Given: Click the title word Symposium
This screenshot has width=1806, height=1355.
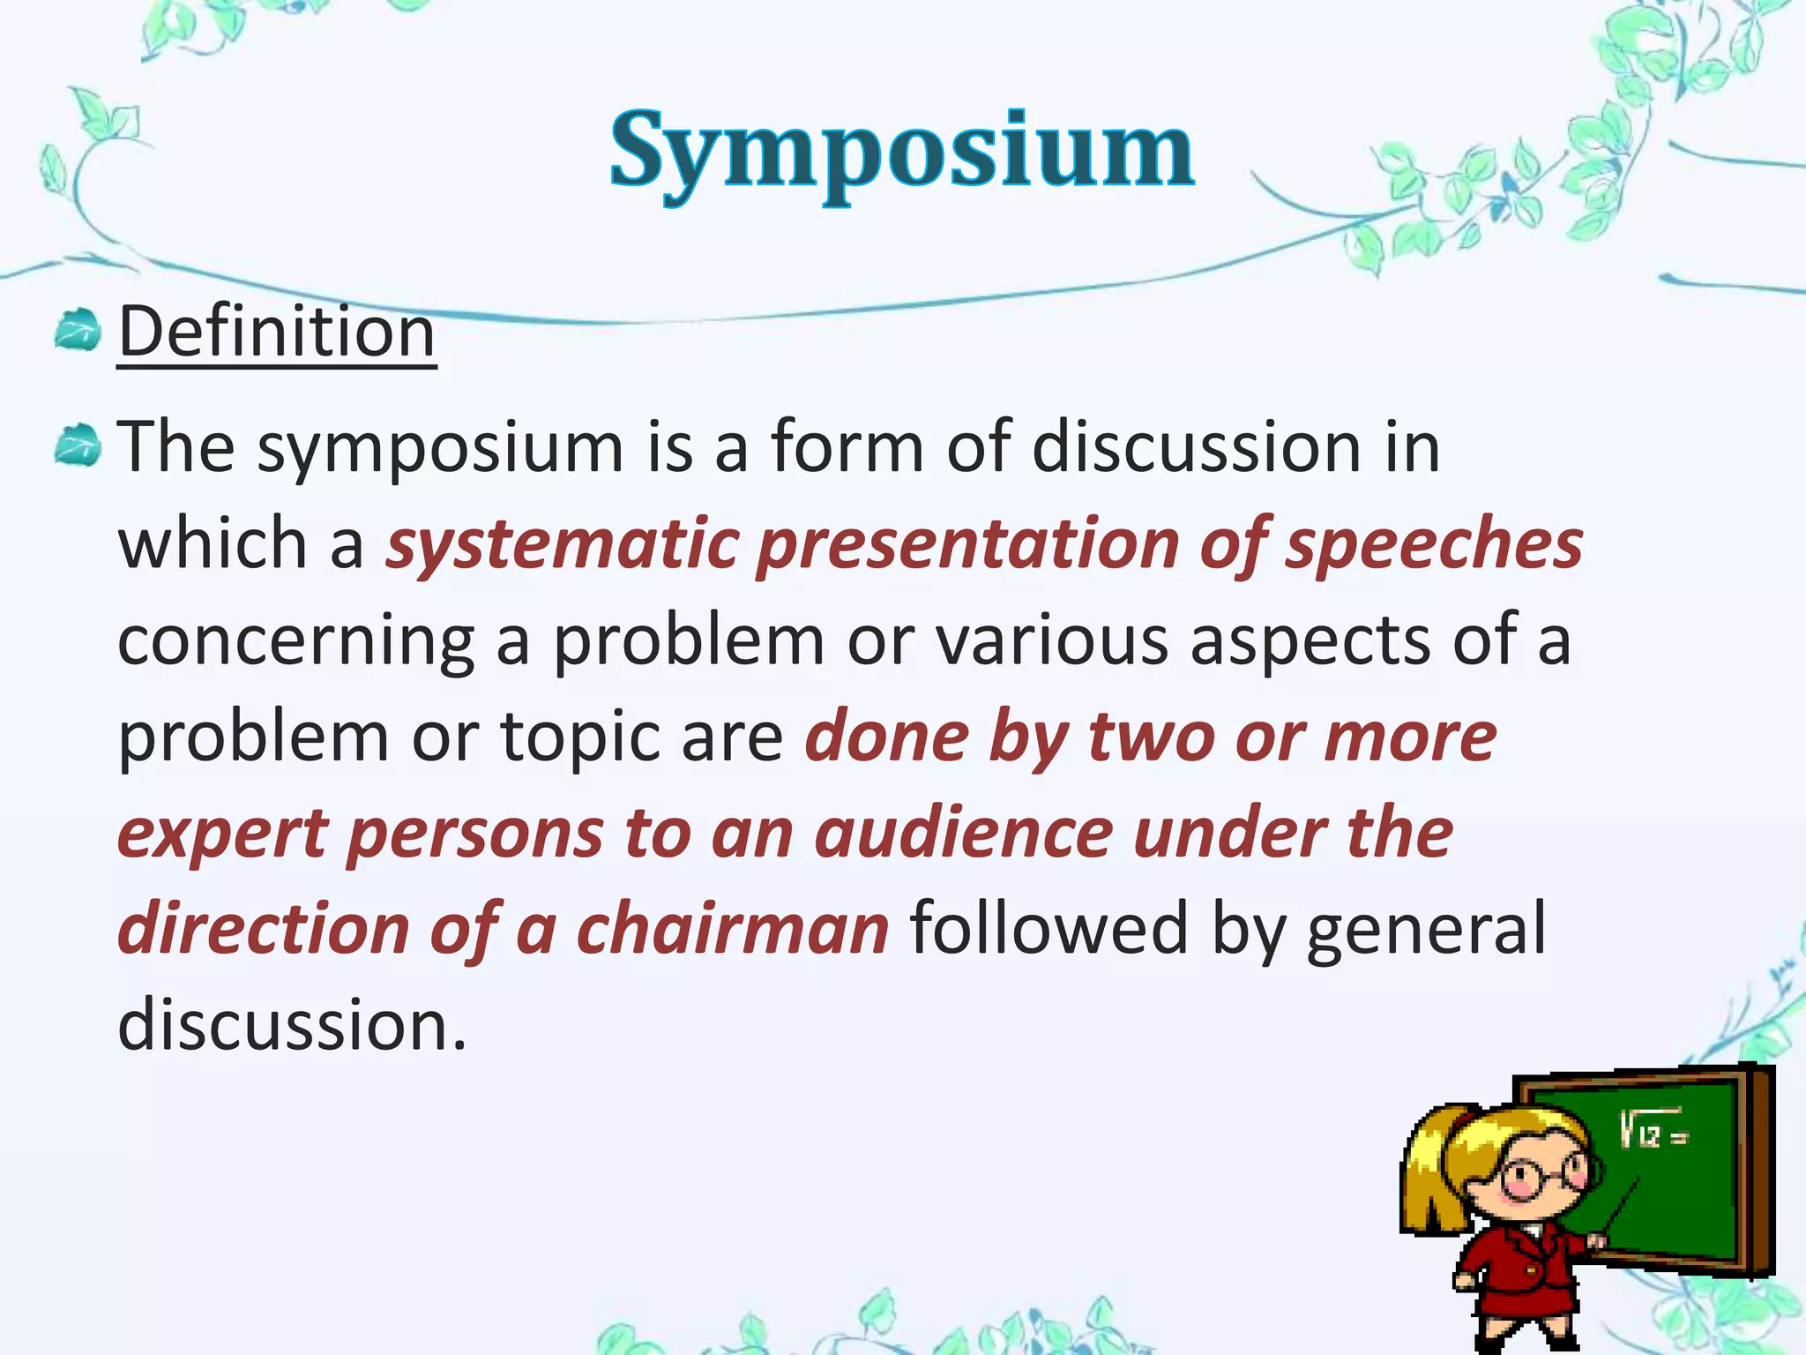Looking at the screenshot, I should pyautogui.click(x=901, y=152).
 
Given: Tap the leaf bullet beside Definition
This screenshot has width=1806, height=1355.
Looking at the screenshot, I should pyautogui.click(x=78, y=332).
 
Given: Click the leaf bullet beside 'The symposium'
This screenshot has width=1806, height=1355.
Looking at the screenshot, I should pyautogui.click(x=78, y=445).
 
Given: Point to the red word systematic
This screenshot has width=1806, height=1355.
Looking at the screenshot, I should pyautogui.click(x=562, y=544).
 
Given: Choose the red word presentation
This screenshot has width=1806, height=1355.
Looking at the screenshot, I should pyautogui.click(x=968, y=544).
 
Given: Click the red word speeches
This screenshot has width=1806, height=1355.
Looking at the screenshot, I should pyautogui.click(x=1434, y=544).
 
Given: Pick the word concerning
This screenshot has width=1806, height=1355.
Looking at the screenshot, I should pyautogui.click(x=296, y=641).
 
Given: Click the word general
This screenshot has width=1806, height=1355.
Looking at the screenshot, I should pyautogui.click(x=1425, y=930).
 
